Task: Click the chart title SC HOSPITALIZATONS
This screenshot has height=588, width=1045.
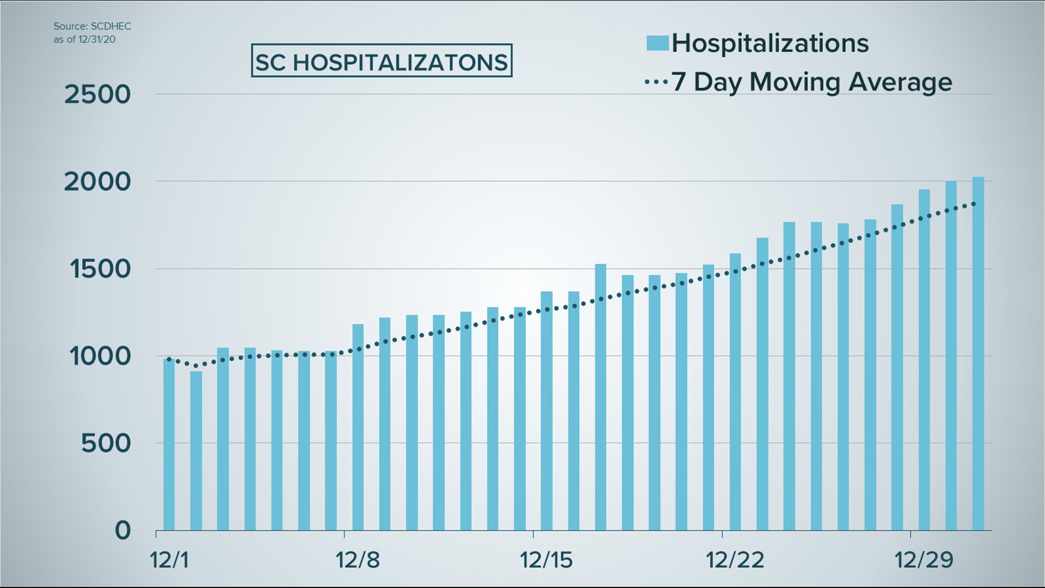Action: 381,61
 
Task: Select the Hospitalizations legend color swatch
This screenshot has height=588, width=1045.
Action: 657,43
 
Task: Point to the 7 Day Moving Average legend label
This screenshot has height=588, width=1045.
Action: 812,82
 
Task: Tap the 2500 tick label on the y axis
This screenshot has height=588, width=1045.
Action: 98,95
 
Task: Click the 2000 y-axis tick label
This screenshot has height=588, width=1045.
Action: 98,182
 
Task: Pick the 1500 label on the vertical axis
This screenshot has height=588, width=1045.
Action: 100,269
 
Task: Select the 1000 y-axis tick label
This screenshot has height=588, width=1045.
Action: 100,357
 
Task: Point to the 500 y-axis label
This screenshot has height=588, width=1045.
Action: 106,444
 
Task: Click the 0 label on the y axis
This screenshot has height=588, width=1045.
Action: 123,530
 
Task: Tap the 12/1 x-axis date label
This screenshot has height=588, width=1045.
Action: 169,560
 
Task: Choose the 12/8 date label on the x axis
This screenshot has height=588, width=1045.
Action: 358,560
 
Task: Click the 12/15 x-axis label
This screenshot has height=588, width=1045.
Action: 546,560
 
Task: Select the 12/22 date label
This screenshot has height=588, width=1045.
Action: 735,560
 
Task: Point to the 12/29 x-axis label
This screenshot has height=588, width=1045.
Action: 924,560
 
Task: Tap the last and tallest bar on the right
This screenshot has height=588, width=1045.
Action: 978,354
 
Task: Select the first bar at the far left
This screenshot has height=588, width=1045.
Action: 169,444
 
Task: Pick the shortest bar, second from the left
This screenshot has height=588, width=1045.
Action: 196,451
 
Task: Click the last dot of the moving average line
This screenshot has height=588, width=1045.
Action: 974,204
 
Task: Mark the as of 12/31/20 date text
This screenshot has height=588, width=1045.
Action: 84,39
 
